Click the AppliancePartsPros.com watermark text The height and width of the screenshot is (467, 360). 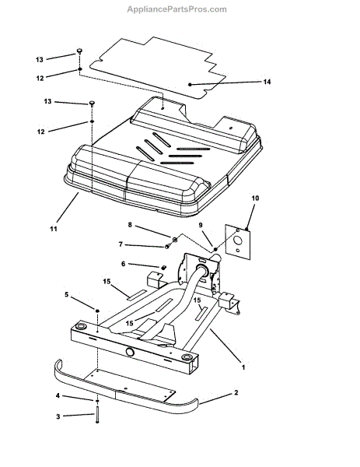pyautogui.click(x=177, y=9)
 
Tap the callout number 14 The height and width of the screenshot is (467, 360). pyautogui.click(x=266, y=82)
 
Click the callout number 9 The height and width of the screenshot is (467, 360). pyautogui.click(x=201, y=226)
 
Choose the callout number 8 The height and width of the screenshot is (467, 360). pyautogui.click(x=131, y=226)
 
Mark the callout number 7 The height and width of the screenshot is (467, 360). pyautogui.click(x=121, y=244)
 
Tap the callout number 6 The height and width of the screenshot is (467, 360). pyautogui.click(x=123, y=265)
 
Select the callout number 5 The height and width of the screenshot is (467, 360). pyautogui.click(x=67, y=295)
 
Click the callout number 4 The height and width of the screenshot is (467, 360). pyautogui.click(x=57, y=397)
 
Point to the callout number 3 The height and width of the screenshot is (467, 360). pyautogui.click(x=57, y=416)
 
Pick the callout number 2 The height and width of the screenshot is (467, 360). pyautogui.click(x=236, y=395)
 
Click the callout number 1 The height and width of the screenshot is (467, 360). pyautogui.click(x=243, y=366)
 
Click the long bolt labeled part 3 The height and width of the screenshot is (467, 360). pyautogui.click(x=97, y=415)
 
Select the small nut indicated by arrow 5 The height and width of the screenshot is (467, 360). pyautogui.click(x=98, y=311)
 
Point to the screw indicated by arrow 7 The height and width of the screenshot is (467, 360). pyautogui.click(x=167, y=247)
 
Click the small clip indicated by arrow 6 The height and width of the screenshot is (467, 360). pyautogui.click(x=164, y=267)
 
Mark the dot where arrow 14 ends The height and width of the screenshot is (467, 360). pyautogui.click(x=190, y=83)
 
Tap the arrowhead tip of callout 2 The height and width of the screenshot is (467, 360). pyautogui.click(x=201, y=401)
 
